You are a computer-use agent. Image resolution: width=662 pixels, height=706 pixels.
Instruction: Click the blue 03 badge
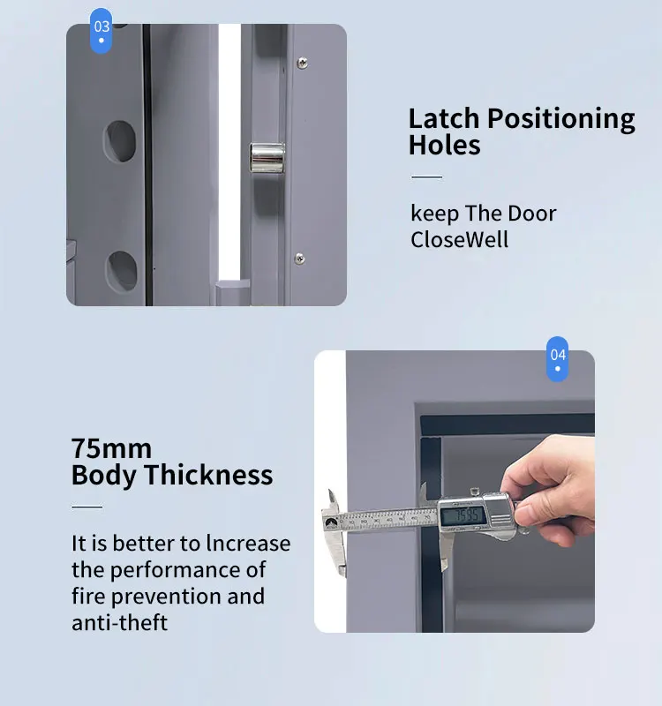click(x=102, y=31)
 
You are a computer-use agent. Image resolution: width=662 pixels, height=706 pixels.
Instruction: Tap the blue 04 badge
click(x=558, y=358)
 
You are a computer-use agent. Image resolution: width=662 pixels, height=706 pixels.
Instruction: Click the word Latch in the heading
click(x=445, y=119)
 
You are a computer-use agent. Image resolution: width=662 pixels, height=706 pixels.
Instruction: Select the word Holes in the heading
click(x=444, y=146)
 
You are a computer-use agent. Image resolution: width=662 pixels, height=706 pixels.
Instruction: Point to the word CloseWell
click(x=459, y=239)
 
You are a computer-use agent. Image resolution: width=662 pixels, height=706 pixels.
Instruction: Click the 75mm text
click(x=111, y=448)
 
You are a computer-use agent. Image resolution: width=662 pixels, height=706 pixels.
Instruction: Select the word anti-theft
click(x=119, y=622)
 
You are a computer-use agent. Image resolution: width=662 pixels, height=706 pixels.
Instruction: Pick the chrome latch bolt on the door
click(x=267, y=158)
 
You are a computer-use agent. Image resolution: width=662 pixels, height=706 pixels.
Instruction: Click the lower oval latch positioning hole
click(x=122, y=271)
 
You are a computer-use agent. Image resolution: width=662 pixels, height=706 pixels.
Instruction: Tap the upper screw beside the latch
click(x=303, y=62)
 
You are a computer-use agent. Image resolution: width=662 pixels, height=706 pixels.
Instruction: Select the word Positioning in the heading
click(x=561, y=119)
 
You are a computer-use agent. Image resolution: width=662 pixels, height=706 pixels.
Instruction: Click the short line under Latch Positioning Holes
click(x=426, y=177)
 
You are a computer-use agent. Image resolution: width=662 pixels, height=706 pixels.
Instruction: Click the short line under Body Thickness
click(x=87, y=507)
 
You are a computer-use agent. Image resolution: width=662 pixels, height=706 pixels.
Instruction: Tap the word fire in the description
click(x=88, y=596)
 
